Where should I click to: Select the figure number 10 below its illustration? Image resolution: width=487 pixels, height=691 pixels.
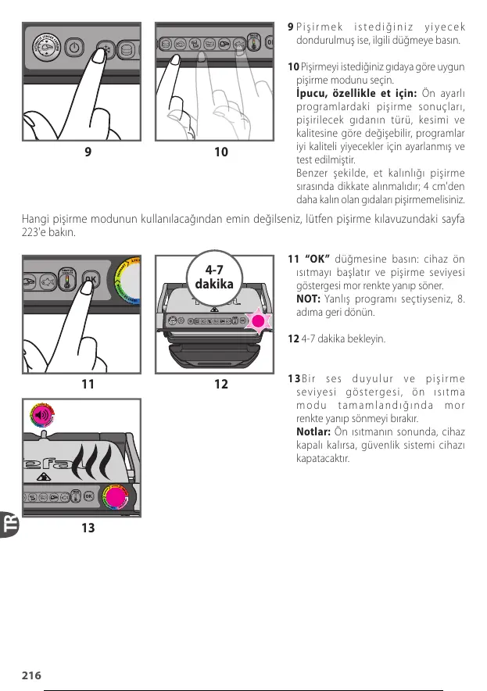[x=221, y=152]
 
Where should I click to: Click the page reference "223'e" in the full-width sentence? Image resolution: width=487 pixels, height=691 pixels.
[x=38, y=233]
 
